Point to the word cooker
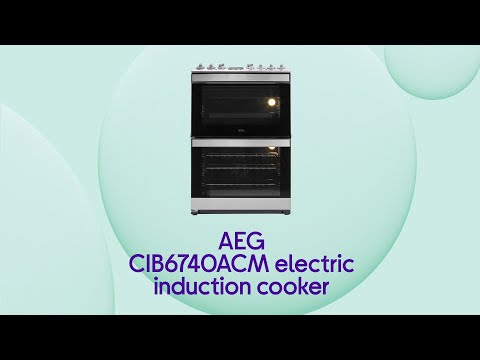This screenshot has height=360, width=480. (x=291, y=287)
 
